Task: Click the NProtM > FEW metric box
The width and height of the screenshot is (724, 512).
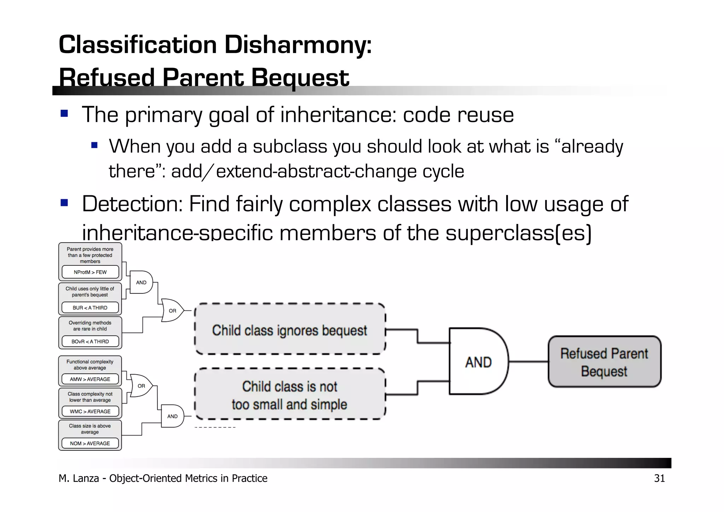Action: (x=90, y=272)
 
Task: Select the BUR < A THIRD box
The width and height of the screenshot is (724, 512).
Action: (x=90, y=308)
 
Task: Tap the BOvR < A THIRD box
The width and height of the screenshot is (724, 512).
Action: (x=90, y=341)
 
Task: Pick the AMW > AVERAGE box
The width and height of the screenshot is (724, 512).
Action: (x=90, y=379)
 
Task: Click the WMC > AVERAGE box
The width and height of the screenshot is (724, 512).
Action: (x=90, y=411)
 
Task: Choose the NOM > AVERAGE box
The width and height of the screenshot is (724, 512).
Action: (x=90, y=443)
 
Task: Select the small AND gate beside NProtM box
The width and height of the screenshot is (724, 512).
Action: (x=141, y=282)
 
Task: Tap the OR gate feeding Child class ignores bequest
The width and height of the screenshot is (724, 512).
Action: (x=172, y=311)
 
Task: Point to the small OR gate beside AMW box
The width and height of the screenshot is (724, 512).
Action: (x=141, y=386)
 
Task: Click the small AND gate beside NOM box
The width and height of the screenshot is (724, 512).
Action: (x=172, y=416)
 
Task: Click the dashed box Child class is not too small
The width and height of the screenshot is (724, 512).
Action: (x=290, y=395)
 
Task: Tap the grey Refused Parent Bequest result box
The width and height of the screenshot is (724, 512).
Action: (x=604, y=362)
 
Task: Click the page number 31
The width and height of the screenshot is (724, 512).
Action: (x=659, y=478)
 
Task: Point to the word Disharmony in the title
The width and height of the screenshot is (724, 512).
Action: (x=298, y=45)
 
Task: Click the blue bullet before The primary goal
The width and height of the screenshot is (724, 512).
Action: (x=64, y=114)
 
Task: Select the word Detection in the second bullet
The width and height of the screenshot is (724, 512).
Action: (x=132, y=204)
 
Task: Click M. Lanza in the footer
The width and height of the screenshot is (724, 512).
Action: (x=78, y=478)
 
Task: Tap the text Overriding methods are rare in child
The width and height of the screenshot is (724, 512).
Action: (x=90, y=326)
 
